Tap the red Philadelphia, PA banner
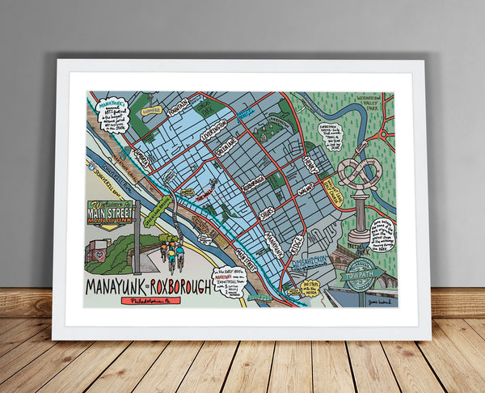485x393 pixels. [x=153, y=302]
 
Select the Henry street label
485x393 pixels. [x=311, y=160]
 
